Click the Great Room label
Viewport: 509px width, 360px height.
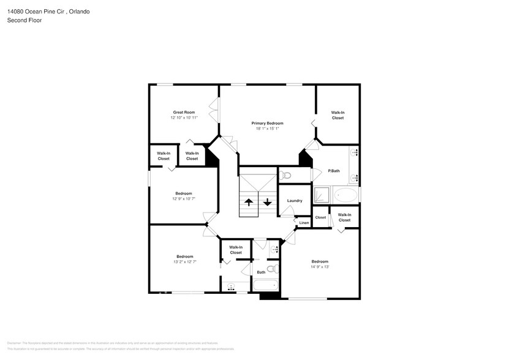pyautogui.click(x=184, y=112)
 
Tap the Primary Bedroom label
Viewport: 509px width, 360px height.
pyautogui.click(x=267, y=123)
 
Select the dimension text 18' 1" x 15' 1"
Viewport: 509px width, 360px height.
pyautogui.click(x=267, y=129)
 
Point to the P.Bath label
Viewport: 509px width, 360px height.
pyautogui.click(x=334, y=171)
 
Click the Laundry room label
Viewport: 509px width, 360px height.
pyautogui.click(x=295, y=201)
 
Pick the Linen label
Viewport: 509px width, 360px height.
pyautogui.click(x=304, y=223)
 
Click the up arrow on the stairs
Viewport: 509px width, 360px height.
pyautogui.click(x=249, y=202)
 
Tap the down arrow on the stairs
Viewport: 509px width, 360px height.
pyautogui.click(x=268, y=202)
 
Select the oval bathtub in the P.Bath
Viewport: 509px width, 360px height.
pyautogui.click(x=346, y=196)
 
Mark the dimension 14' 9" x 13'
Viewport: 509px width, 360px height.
pyautogui.click(x=320, y=267)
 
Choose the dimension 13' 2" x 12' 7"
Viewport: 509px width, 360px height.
pyautogui.click(x=185, y=262)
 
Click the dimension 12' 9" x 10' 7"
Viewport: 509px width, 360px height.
pyautogui.click(x=184, y=199)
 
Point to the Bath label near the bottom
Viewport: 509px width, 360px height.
pyautogui.click(x=261, y=272)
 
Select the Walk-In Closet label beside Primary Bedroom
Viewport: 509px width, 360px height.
pyautogui.click(x=337, y=115)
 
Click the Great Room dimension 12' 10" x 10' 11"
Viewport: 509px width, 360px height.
pyautogui.click(x=184, y=118)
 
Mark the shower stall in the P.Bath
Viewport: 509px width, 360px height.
pyautogui.click(x=322, y=196)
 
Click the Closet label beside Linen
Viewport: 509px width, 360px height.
pyautogui.click(x=320, y=217)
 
